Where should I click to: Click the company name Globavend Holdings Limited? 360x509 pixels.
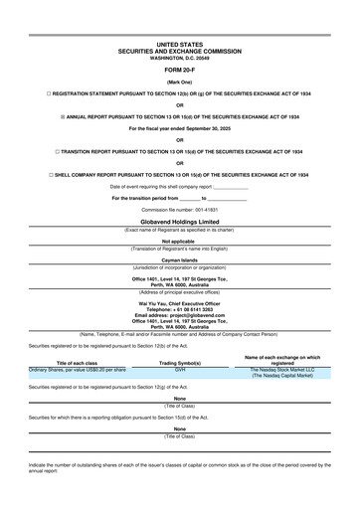179,223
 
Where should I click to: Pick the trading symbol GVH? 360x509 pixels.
180,368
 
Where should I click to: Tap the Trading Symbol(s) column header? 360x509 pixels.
180,362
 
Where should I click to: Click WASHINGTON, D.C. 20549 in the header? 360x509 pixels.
179,59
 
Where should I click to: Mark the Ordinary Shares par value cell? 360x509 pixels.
78,369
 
